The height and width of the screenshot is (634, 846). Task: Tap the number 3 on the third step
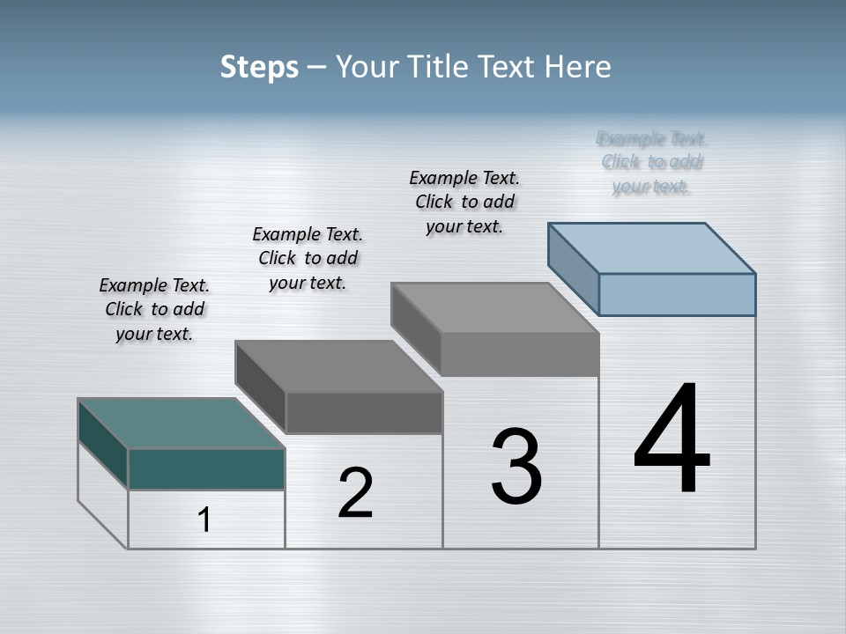pos(516,467)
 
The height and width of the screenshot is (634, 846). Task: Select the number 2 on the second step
pos(355,493)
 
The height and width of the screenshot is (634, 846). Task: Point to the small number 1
pos(204,520)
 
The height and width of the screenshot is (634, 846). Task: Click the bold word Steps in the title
pos(259,67)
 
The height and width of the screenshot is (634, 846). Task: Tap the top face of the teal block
pos(181,423)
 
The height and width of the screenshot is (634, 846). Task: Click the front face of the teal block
pos(206,468)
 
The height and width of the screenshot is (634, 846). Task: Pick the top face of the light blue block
pos(652,247)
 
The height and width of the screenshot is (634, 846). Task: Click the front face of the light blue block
pos(677,294)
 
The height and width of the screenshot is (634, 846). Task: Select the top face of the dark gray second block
pos(338,365)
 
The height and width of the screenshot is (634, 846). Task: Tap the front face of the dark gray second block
pos(364,412)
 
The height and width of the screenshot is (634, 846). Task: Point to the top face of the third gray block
pos(495,307)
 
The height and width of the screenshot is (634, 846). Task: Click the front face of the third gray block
pos(520,354)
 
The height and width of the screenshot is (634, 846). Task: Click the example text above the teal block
pos(154,309)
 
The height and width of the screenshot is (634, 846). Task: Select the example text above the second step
pos(308,258)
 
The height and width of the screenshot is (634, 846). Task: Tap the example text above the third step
pos(464,202)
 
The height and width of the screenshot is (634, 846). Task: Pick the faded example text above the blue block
pos(652,162)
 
